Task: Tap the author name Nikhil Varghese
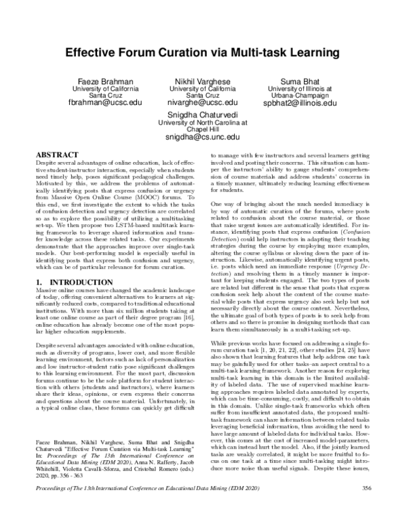click(203, 81)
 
